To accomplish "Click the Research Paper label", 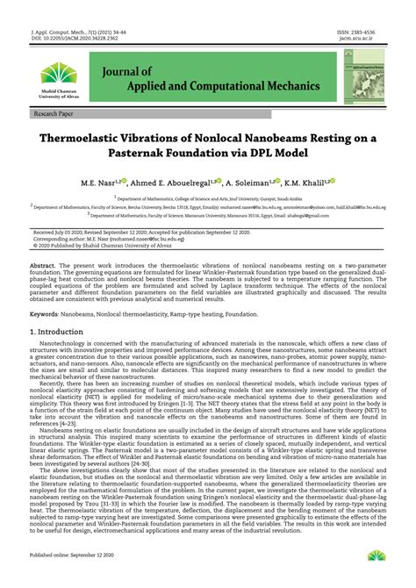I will click(54, 115).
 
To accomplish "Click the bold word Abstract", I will click(42, 265).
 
